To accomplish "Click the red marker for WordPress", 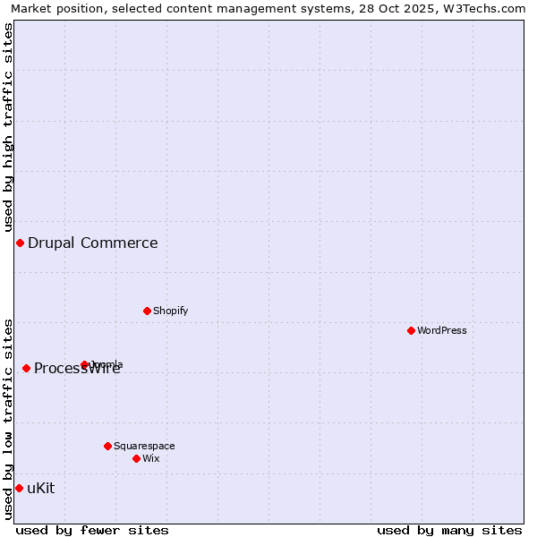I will (x=411, y=330).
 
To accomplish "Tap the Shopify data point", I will (x=147, y=311).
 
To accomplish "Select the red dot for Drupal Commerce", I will (x=20, y=243).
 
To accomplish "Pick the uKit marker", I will (x=19, y=488).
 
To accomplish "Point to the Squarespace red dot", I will (x=107, y=446).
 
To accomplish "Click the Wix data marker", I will (x=136, y=458).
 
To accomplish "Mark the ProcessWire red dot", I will (x=26, y=368).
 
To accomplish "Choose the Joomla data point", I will (x=84, y=364).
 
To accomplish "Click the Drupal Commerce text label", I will (x=93, y=243).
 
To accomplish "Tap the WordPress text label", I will (x=442, y=330).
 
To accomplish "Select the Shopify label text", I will (x=171, y=311).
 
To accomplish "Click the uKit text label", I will (x=41, y=488).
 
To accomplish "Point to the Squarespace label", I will (x=144, y=446).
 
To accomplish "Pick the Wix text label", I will (x=151, y=458).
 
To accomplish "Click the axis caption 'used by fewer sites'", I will (x=92, y=530).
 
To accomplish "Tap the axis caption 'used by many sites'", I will (x=449, y=530).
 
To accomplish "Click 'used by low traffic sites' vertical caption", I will (x=8, y=419).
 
